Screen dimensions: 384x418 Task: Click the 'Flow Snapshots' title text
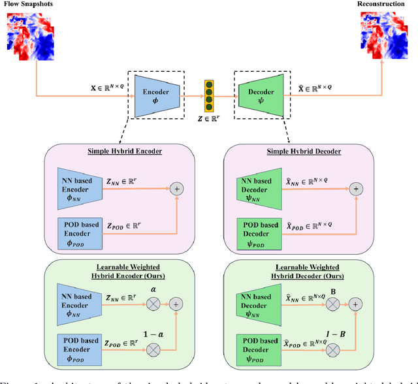pyautogui.click(x=27, y=5)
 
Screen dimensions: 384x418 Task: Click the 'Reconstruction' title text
pyautogui.click(x=387, y=5)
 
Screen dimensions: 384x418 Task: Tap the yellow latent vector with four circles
pyautogui.click(x=209, y=96)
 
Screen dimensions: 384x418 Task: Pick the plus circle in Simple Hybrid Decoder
pyautogui.click(x=356, y=188)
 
